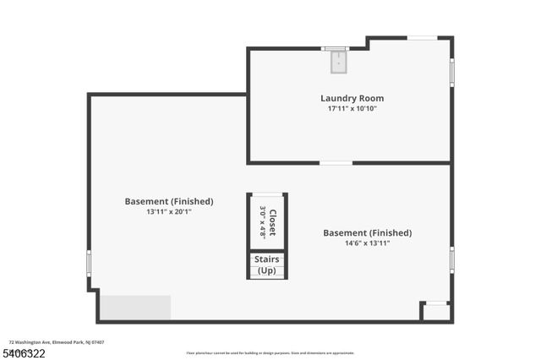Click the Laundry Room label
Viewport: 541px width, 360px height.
[x=352, y=98]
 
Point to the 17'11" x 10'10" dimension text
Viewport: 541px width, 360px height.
[x=352, y=109]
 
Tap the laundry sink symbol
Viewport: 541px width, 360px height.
[x=337, y=59]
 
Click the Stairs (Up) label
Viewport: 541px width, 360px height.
[x=266, y=265]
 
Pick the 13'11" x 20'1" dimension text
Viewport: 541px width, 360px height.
[x=169, y=211]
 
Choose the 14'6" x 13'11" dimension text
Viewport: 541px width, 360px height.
[x=367, y=243]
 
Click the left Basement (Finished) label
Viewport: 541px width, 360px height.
[x=169, y=201]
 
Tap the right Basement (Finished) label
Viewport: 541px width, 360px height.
[x=367, y=232]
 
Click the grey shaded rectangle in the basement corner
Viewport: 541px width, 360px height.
[x=135, y=307]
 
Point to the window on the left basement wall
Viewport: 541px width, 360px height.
[x=89, y=262]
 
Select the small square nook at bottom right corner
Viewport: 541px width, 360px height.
[x=436, y=312]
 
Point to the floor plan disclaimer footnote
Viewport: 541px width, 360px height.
[x=270, y=353]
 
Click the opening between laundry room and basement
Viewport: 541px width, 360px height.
[x=336, y=162]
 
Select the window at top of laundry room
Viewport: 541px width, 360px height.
[x=422, y=37]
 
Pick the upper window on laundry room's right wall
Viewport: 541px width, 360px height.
[x=452, y=72]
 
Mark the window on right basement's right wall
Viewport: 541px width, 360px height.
[x=452, y=259]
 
